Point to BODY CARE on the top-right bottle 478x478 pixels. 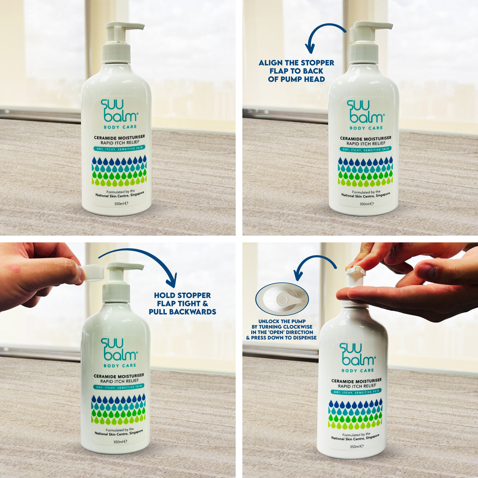click(x=366, y=128)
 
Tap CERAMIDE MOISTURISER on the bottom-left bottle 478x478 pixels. click(x=119, y=376)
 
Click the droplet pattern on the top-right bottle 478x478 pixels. click(x=365, y=171)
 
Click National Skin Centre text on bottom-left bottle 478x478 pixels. click(x=119, y=433)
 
